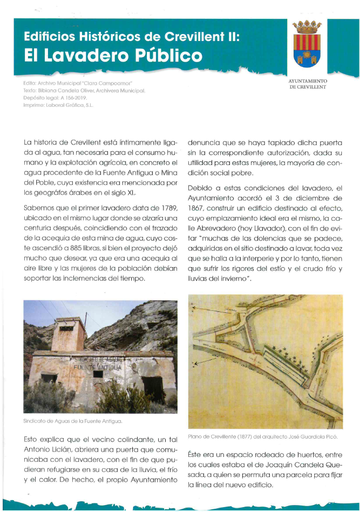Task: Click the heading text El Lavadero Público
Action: (x=113, y=56)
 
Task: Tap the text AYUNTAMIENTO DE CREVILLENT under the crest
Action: (x=308, y=83)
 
